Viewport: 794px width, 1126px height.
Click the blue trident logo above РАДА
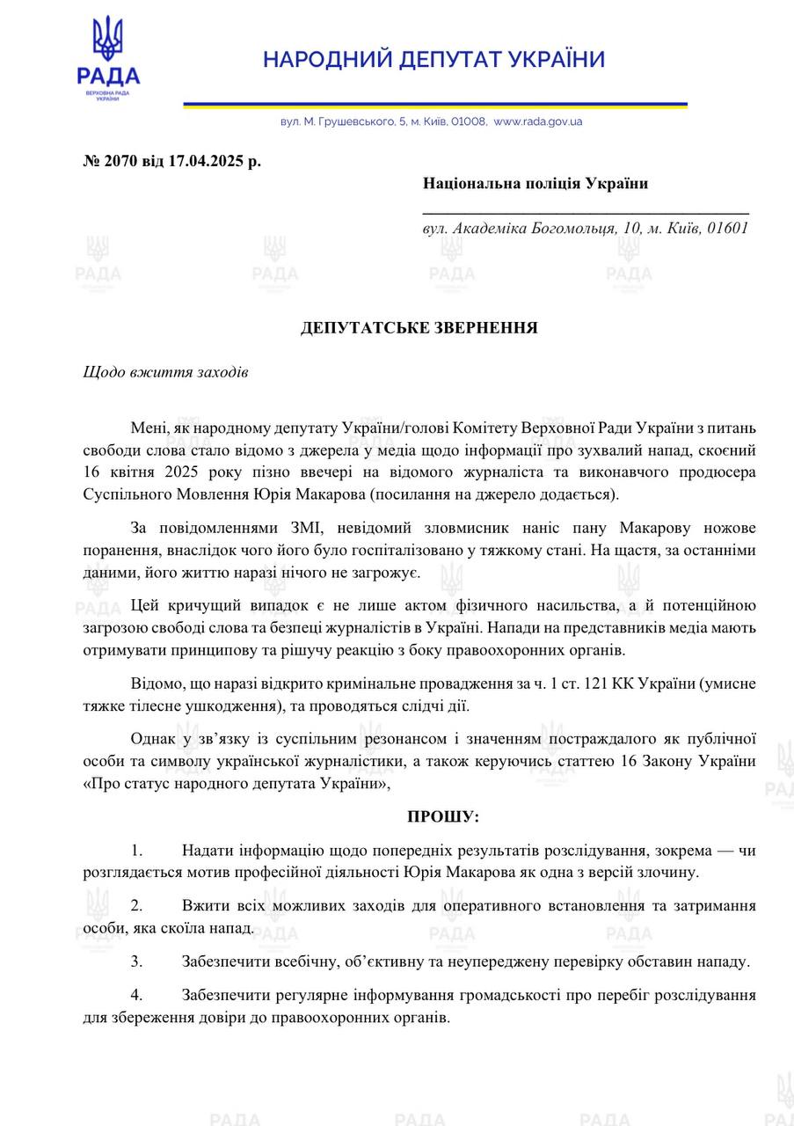[108, 40]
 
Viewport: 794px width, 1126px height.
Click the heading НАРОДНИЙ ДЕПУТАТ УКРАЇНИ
[434, 60]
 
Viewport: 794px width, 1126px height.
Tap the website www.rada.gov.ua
[538, 121]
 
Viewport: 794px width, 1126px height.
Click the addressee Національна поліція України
[535, 183]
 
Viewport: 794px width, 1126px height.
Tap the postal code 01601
[726, 228]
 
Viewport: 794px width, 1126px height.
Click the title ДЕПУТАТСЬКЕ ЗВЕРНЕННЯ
[419, 328]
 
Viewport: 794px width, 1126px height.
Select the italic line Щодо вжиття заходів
[165, 372]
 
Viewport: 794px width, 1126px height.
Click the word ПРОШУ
[441, 816]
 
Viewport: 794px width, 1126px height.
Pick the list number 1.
[136, 850]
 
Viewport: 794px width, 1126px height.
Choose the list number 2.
[136, 905]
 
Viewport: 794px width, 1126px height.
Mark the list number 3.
[136, 961]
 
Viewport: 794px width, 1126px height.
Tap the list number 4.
[136, 995]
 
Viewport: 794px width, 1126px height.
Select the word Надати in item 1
[205, 850]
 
